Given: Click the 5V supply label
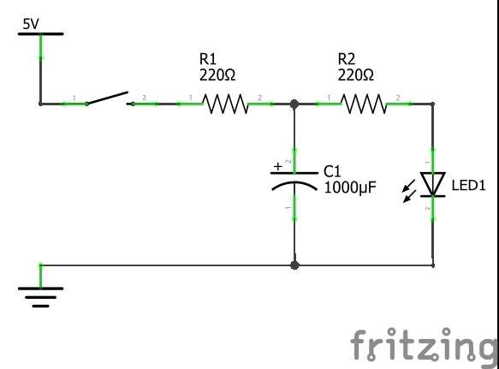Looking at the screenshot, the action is coord(31,24).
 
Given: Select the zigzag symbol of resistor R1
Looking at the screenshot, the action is coord(225,104).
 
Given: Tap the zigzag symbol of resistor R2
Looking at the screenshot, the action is coord(364,104).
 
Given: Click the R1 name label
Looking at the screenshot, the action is coord(208,59).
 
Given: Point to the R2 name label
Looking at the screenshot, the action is coord(347,59).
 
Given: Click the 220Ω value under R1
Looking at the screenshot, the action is coord(217,75).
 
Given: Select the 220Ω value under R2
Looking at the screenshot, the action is coord(356,75).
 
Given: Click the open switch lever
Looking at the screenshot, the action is coord(107,98).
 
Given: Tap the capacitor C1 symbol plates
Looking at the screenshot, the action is coord(294,182).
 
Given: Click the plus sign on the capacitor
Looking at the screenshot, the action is coord(278,166).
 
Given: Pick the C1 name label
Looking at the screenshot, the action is coord(332,171).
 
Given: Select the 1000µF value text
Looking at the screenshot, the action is coord(350,187).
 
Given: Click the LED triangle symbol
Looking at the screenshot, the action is coord(432,184).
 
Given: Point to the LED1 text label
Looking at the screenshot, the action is coord(468,185).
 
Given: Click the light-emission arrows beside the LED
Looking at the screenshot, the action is coord(409,191).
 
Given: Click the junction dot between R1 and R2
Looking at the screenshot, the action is coord(294,104).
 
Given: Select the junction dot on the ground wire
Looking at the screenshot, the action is coord(294,265).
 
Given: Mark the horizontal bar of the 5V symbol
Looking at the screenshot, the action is coord(40,33).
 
